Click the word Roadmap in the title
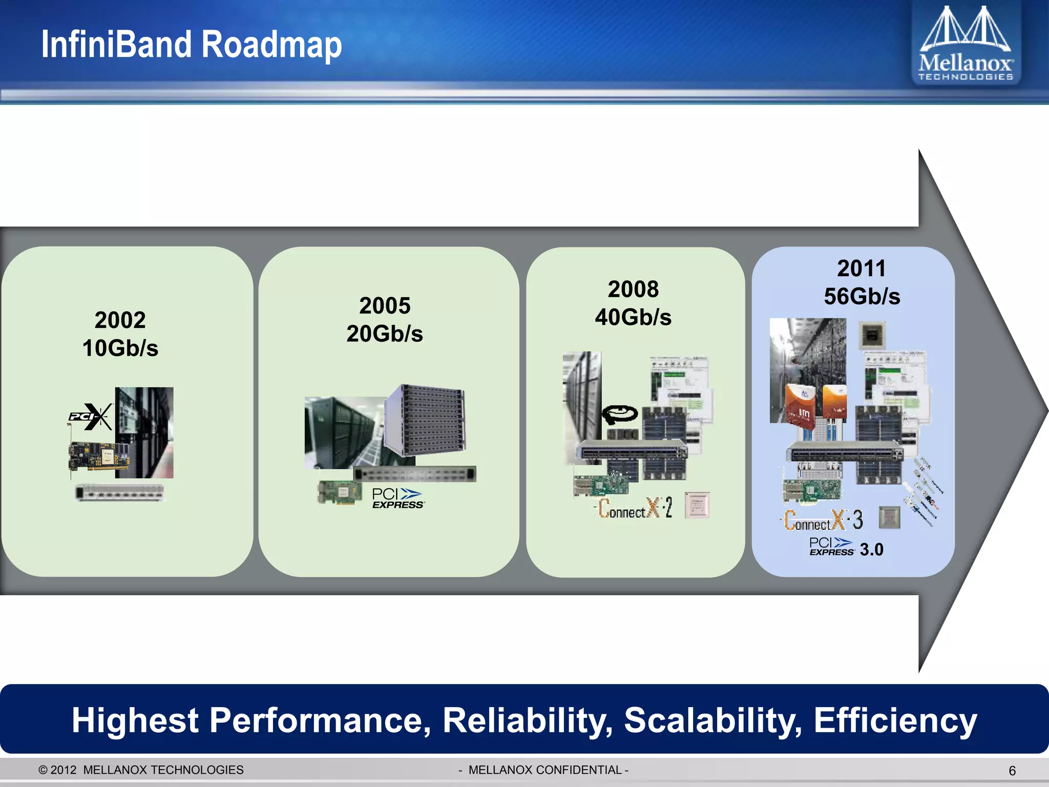271,45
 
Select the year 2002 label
120,320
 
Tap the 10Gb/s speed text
120,348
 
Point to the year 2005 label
385,306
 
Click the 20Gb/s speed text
385,334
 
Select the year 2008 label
633,289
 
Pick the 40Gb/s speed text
633,318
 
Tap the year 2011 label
862,268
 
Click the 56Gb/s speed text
862,297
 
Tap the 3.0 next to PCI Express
871,550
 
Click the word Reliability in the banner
527,720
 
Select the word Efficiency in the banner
895,720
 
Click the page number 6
1012,771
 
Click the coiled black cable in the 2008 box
619,414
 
